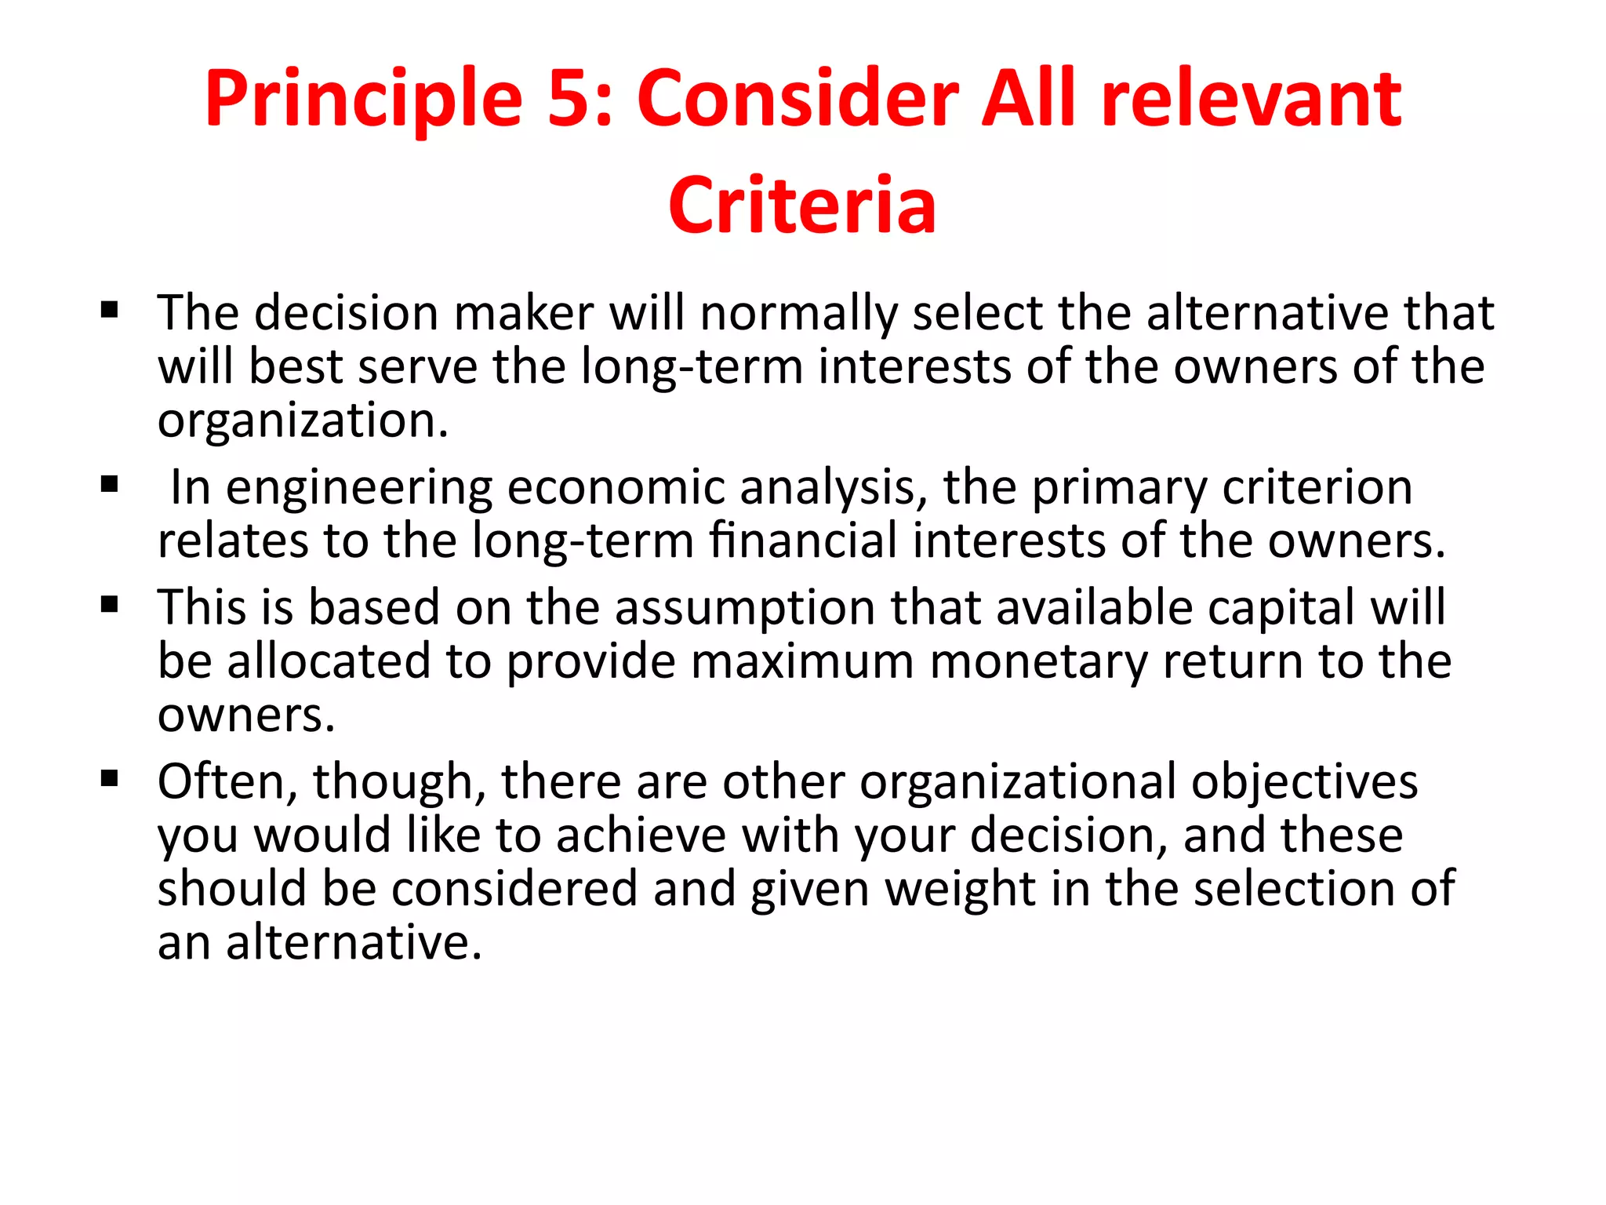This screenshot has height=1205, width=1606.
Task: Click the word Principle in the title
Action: tap(363, 100)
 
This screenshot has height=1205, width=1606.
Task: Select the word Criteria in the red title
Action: tap(802, 205)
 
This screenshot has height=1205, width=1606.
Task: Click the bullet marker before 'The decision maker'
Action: tap(110, 310)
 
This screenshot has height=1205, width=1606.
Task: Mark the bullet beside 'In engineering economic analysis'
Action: tap(110, 484)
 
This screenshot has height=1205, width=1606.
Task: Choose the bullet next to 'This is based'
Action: tap(110, 604)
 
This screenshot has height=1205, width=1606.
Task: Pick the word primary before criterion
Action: tap(1119, 487)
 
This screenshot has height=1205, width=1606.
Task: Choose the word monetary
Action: tap(1038, 661)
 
